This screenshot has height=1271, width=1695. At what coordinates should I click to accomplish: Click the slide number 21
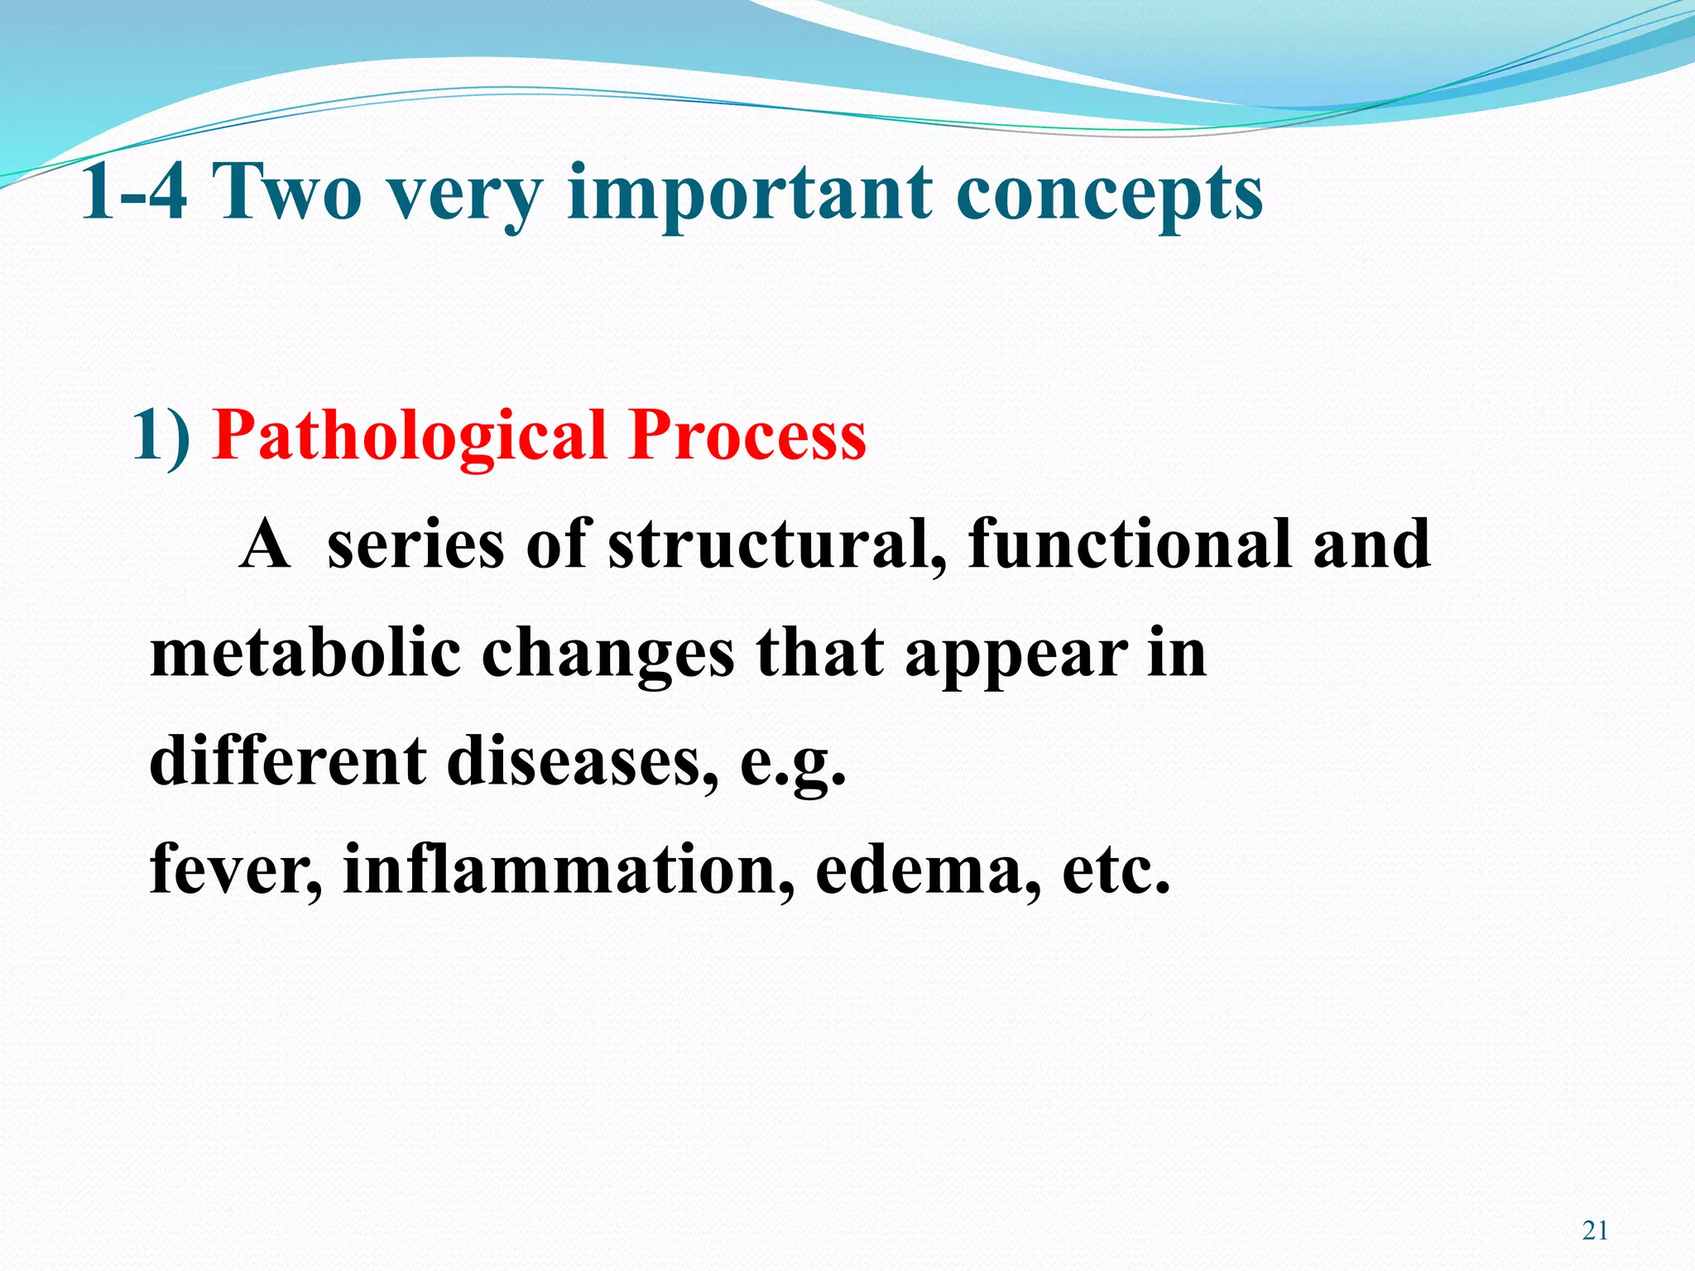pos(1595,1230)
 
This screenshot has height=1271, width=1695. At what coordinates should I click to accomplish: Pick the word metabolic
pos(305,654)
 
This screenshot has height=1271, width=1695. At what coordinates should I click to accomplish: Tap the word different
pos(287,761)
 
